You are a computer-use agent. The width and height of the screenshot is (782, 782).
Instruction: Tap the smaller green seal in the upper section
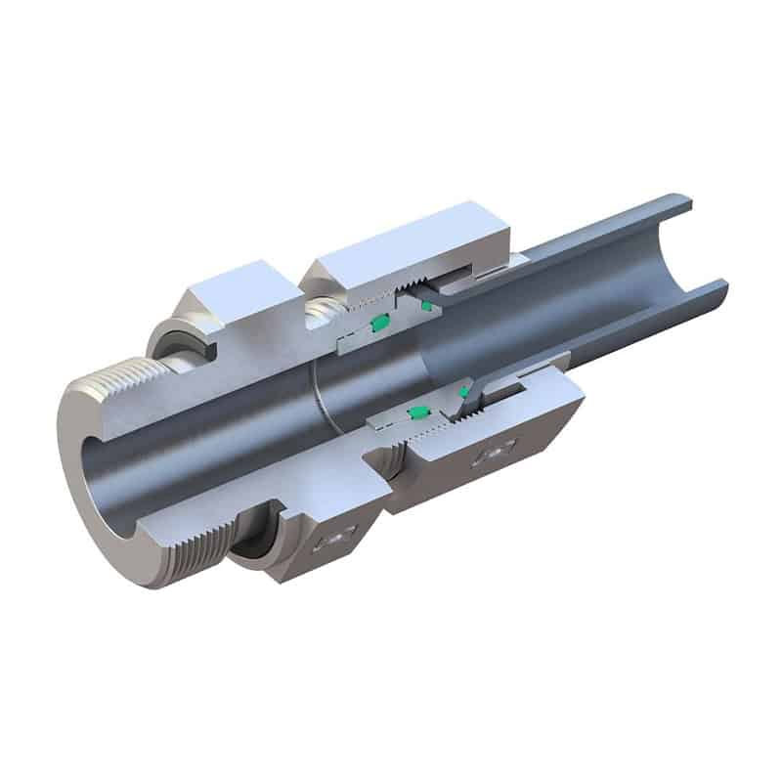(x=425, y=306)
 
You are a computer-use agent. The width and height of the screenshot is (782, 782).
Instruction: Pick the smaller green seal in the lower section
(x=463, y=392)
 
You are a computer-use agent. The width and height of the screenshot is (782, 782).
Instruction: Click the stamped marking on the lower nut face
(x=494, y=453)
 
